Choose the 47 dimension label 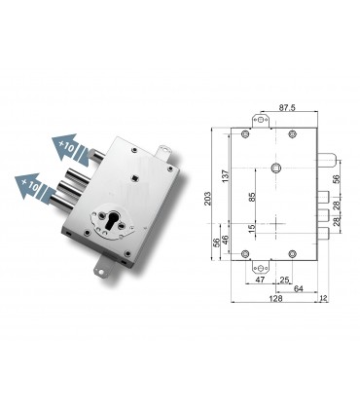(x=260, y=280)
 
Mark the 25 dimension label (x=283, y=280)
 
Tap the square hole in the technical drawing (x=280, y=169)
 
